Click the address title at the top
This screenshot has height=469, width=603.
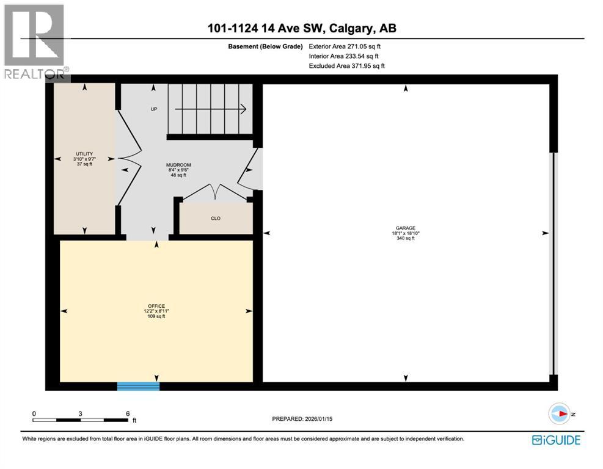(x=301, y=29)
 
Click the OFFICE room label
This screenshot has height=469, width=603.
(x=156, y=311)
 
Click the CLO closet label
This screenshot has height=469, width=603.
(x=215, y=218)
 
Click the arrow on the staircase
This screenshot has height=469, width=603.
(x=211, y=109)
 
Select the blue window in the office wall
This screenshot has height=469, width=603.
(x=138, y=386)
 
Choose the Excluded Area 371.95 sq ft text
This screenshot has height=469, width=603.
(x=346, y=65)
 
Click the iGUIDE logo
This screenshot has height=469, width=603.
(x=556, y=440)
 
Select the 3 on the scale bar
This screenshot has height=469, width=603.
(x=81, y=413)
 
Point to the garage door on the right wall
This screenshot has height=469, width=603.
(x=554, y=263)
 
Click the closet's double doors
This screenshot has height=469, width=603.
(x=215, y=191)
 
